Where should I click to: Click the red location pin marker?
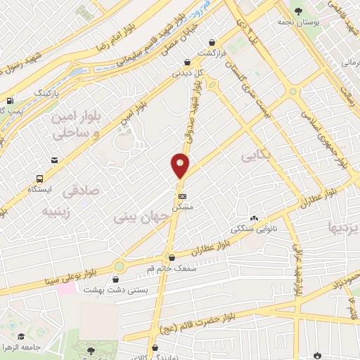[x=180, y=166]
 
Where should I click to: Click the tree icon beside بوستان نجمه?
[x=299, y=11]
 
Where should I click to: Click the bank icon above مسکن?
[x=183, y=196]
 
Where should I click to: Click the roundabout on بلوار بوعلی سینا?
[x=119, y=267]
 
